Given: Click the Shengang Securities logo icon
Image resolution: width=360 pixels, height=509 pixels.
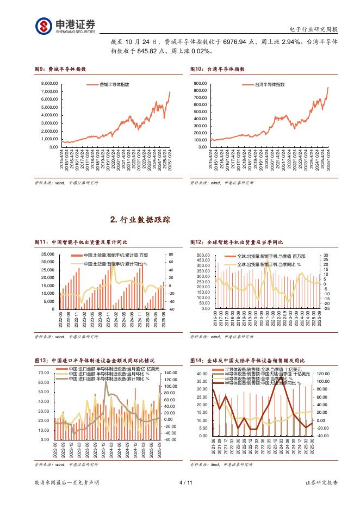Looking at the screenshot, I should point(44,26).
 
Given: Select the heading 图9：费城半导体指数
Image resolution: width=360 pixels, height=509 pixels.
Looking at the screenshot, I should point(60,70).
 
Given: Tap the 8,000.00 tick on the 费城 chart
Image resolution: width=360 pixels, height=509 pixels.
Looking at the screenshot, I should point(49,83).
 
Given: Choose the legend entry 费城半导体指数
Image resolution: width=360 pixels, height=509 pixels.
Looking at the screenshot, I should point(114,85).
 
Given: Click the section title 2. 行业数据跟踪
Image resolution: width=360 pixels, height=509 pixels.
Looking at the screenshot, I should point(140,220).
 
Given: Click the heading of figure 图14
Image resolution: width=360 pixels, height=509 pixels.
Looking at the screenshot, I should point(247,361).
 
